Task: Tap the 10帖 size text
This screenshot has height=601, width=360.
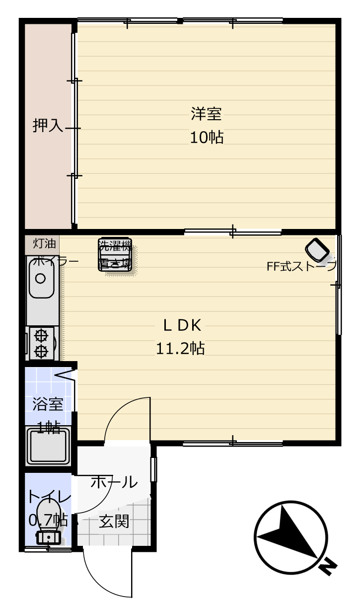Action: (x=207, y=137)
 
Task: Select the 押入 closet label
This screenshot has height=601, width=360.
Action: (x=48, y=125)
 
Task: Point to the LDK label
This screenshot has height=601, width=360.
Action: (x=182, y=325)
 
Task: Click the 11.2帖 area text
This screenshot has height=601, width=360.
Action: (x=180, y=349)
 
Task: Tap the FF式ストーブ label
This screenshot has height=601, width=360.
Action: (x=301, y=266)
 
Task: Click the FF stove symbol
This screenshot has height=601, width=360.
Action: (x=317, y=250)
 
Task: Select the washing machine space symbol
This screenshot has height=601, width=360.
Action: (x=115, y=255)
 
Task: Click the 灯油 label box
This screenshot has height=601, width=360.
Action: (x=42, y=245)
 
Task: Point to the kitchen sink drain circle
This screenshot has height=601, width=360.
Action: (x=41, y=279)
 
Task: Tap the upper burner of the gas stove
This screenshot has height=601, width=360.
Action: (x=41, y=335)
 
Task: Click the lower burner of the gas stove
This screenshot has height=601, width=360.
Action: (x=41, y=351)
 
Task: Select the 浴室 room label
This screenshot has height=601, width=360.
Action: (x=48, y=404)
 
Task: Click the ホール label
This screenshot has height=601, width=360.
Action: (x=114, y=482)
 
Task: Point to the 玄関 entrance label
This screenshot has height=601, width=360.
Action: (x=114, y=522)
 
